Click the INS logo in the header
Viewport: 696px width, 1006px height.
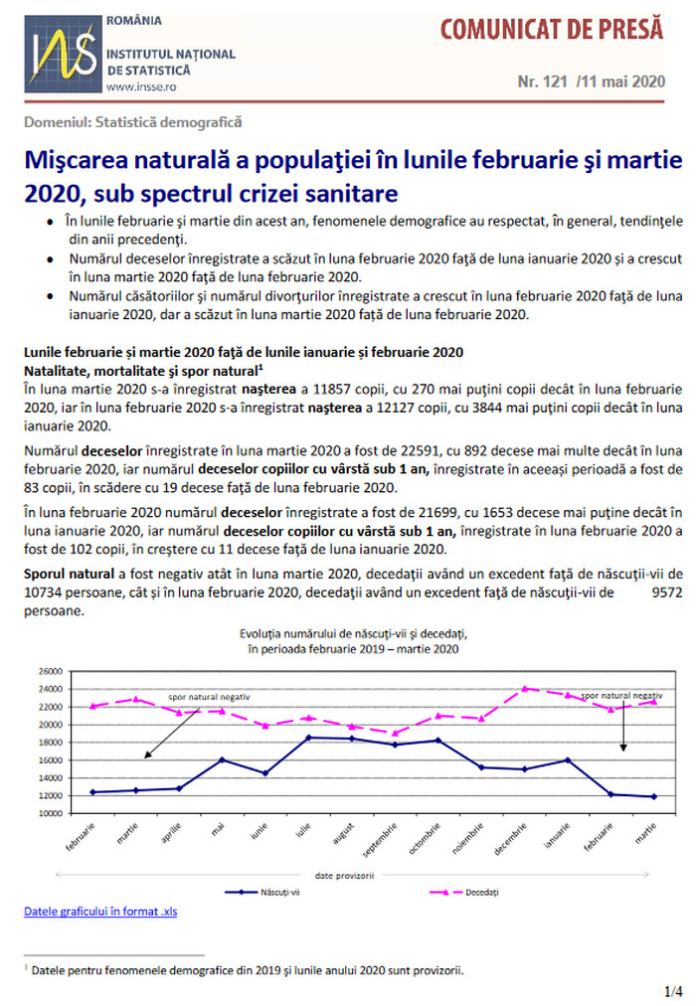[63, 54]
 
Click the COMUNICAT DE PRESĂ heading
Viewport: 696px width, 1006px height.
[552, 30]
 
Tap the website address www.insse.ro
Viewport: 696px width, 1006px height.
[141, 86]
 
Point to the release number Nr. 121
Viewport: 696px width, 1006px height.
[543, 82]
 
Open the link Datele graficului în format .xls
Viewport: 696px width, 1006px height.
[100, 911]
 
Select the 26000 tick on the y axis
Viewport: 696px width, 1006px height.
[51, 671]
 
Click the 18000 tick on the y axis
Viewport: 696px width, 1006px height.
[51, 743]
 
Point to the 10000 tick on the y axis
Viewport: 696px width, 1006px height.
[51, 813]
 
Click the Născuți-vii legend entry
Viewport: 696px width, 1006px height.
[262, 892]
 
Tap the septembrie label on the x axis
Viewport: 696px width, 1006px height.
[380, 840]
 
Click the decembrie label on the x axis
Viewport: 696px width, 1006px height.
[510, 839]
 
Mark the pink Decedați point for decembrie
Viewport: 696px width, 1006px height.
[525, 689]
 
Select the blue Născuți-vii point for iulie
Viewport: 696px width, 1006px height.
[308, 738]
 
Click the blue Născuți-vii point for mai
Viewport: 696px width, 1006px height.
[222, 759]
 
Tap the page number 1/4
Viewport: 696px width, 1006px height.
[673, 991]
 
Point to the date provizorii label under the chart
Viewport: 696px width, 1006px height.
[344, 875]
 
